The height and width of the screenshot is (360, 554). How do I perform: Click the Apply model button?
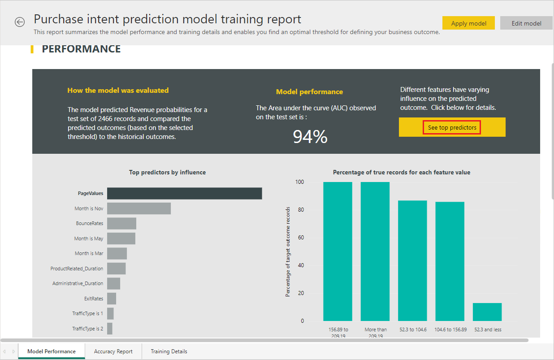click(468, 23)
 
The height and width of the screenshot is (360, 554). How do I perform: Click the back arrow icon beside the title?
click(20, 22)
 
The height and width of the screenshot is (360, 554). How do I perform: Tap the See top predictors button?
click(452, 127)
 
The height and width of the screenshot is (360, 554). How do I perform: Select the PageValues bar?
click(185, 193)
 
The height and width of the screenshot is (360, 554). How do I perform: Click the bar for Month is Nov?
click(139, 208)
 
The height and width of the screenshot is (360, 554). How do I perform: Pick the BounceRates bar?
click(121, 223)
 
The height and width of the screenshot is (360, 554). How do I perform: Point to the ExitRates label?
click(94, 299)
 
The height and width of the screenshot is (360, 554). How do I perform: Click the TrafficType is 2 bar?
click(110, 329)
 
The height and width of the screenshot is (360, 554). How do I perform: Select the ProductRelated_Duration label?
click(77, 269)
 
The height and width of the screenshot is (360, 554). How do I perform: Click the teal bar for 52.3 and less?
click(487, 312)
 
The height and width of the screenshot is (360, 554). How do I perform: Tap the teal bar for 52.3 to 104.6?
click(412, 260)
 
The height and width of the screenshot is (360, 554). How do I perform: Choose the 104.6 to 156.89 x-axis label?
click(450, 330)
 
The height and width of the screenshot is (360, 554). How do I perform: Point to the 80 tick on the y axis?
click(301, 210)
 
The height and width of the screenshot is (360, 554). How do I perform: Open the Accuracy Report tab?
click(113, 351)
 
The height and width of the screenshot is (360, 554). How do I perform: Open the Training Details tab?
click(169, 351)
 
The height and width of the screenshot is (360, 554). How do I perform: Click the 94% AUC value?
click(310, 137)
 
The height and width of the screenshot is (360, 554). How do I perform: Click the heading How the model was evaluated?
click(118, 90)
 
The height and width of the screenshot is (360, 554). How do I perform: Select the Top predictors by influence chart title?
click(168, 172)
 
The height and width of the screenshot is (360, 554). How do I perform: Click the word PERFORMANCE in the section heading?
click(81, 49)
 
